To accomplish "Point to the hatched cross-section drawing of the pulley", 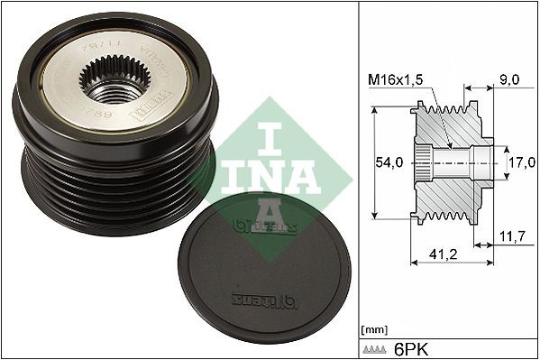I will click(x=455, y=162).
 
